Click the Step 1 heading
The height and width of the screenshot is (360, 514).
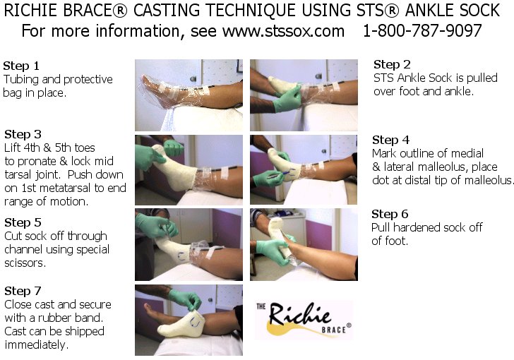(x=21, y=65)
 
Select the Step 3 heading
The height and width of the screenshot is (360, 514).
(x=23, y=134)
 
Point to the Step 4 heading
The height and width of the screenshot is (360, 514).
(x=390, y=140)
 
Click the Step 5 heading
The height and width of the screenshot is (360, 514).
(x=23, y=222)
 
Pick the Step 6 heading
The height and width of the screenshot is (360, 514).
(x=390, y=214)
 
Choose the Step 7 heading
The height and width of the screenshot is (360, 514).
(x=23, y=291)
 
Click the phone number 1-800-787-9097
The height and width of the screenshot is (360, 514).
(x=422, y=32)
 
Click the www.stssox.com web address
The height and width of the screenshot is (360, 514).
(x=283, y=32)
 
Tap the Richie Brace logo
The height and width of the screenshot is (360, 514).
(x=303, y=319)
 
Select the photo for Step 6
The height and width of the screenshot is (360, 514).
(x=304, y=240)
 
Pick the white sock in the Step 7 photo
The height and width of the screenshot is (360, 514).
(x=178, y=324)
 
